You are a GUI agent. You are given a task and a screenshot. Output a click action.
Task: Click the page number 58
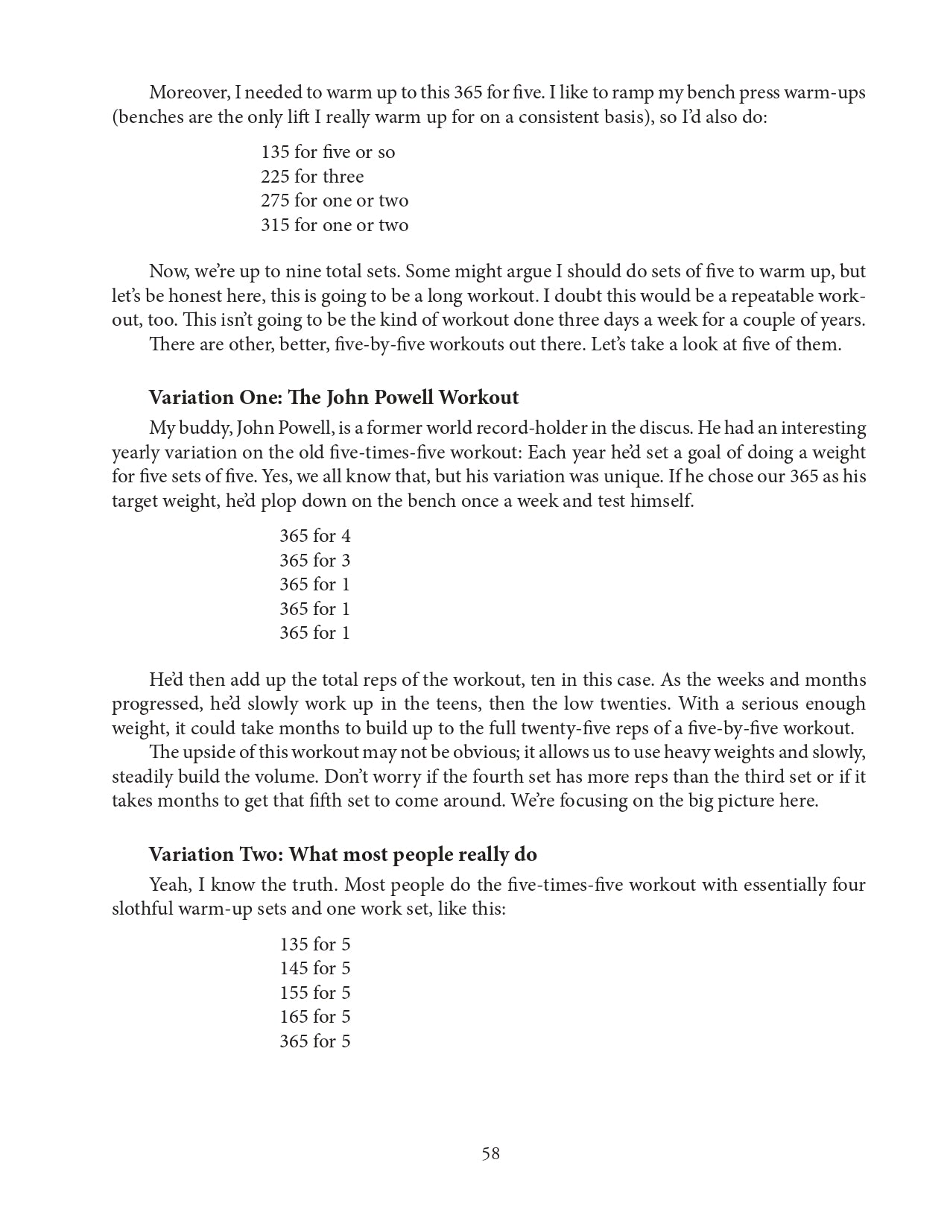490,1153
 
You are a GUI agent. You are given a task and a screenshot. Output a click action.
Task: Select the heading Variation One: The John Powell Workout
333,397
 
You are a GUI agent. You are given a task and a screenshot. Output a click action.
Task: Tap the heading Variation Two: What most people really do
343,854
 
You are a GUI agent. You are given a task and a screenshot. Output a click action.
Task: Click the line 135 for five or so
328,152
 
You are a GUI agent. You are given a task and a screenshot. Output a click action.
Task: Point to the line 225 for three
312,177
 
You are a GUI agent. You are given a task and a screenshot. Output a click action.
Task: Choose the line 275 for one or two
335,201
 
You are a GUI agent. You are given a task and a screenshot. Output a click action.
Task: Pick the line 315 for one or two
335,225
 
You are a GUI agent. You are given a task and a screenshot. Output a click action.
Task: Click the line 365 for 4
314,536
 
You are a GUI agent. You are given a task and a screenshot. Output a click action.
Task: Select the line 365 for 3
314,561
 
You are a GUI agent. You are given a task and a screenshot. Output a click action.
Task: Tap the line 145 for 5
314,968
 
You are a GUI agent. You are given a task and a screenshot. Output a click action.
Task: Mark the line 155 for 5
314,993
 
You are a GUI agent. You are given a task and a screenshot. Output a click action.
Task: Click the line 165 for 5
314,1017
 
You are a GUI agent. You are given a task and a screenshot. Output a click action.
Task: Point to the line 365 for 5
314,1041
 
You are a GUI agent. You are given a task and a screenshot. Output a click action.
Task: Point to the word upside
206,753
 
